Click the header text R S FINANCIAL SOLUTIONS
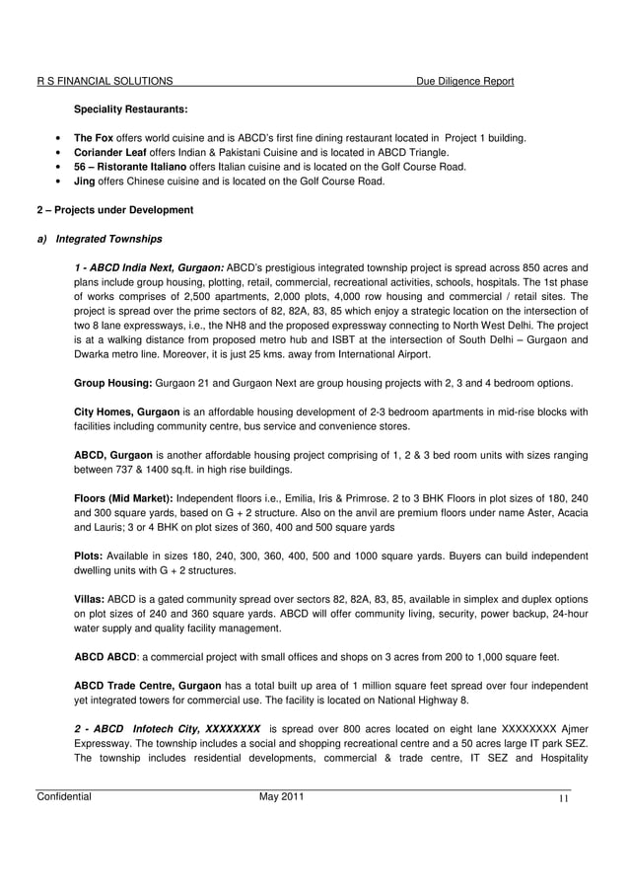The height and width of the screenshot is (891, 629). point(105,81)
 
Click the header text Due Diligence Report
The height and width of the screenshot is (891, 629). point(464,81)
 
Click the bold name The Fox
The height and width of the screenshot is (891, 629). point(94,137)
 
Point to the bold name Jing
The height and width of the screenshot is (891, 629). point(86,182)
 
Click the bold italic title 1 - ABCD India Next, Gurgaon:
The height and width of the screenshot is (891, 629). point(150,267)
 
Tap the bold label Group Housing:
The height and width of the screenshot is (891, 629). point(112,382)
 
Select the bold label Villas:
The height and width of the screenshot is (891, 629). point(92,599)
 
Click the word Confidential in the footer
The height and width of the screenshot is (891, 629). point(64,797)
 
